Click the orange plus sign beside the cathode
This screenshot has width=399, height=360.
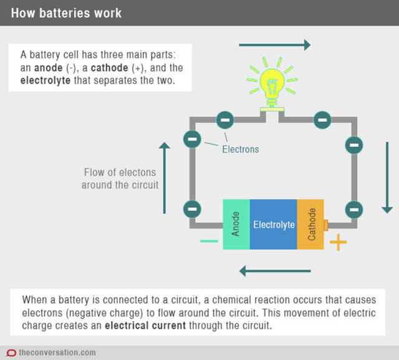[x=338, y=242]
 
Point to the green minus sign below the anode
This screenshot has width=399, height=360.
[x=209, y=241]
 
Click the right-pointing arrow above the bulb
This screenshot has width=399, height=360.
[x=274, y=44]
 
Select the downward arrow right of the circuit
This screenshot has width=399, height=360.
[x=388, y=177]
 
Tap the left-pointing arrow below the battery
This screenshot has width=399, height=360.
[x=274, y=271]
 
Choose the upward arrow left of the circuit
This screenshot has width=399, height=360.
[x=165, y=177]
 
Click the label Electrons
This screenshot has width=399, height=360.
[x=240, y=150]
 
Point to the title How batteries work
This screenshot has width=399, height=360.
[x=66, y=12]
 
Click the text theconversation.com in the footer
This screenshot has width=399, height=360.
[x=57, y=353]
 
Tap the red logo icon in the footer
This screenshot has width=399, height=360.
[x=11, y=353]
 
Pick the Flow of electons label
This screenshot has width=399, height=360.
[x=120, y=178]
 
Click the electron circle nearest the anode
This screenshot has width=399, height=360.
[x=193, y=208]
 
